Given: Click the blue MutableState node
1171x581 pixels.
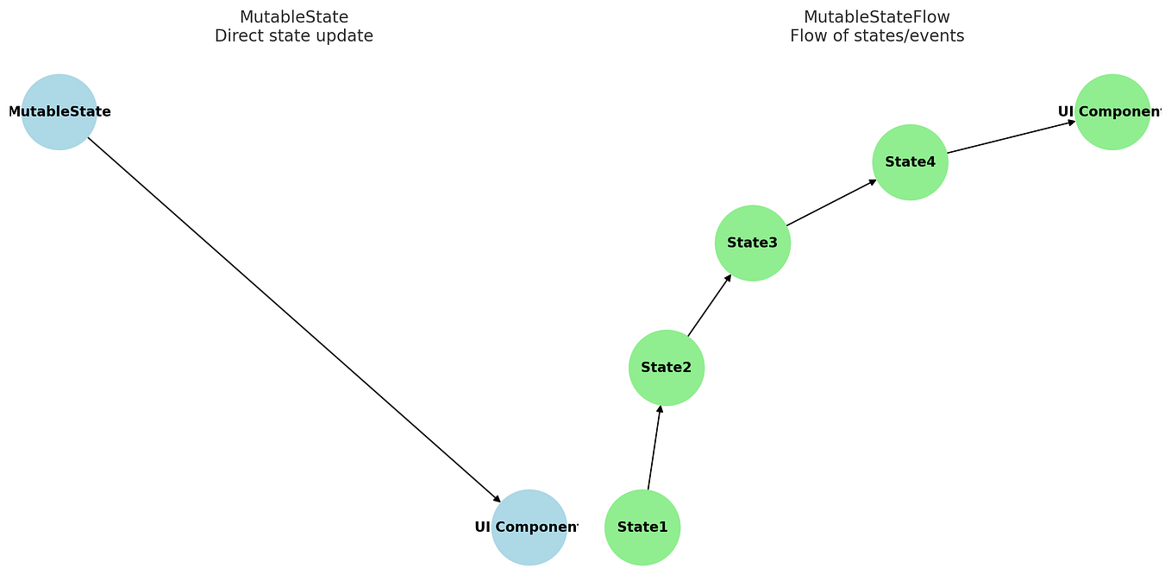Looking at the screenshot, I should [x=59, y=112].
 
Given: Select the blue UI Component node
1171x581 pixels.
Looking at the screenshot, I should [x=529, y=527].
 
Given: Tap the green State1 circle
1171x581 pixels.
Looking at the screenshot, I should [x=642, y=527].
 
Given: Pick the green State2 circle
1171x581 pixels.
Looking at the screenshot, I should [x=667, y=368].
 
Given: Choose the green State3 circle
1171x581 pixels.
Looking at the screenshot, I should [x=753, y=243].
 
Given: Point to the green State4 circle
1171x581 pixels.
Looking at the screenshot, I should [x=910, y=162].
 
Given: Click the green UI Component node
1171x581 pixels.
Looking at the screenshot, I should [x=1112, y=112].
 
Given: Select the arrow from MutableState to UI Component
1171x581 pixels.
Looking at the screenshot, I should [x=293, y=319].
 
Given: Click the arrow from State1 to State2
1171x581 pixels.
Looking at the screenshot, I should [x=654, y=447].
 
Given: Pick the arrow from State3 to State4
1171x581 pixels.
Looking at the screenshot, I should [x=831, y=203].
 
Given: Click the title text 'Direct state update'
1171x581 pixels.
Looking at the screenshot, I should [x=294, y=36].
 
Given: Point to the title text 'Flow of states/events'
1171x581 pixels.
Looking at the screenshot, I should [x=877, y=36].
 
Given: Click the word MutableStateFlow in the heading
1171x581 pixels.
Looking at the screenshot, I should [x=877, y=16].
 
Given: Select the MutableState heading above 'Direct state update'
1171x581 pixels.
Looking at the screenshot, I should [x=294, y=16].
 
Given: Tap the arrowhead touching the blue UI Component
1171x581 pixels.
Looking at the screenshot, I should [x=498, y=499].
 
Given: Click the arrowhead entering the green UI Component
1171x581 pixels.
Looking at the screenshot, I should [x=1072, y=123].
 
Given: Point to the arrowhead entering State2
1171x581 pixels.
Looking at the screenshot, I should [x=661, y=408].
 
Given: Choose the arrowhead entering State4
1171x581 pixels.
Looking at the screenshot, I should [x=873, y=181].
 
